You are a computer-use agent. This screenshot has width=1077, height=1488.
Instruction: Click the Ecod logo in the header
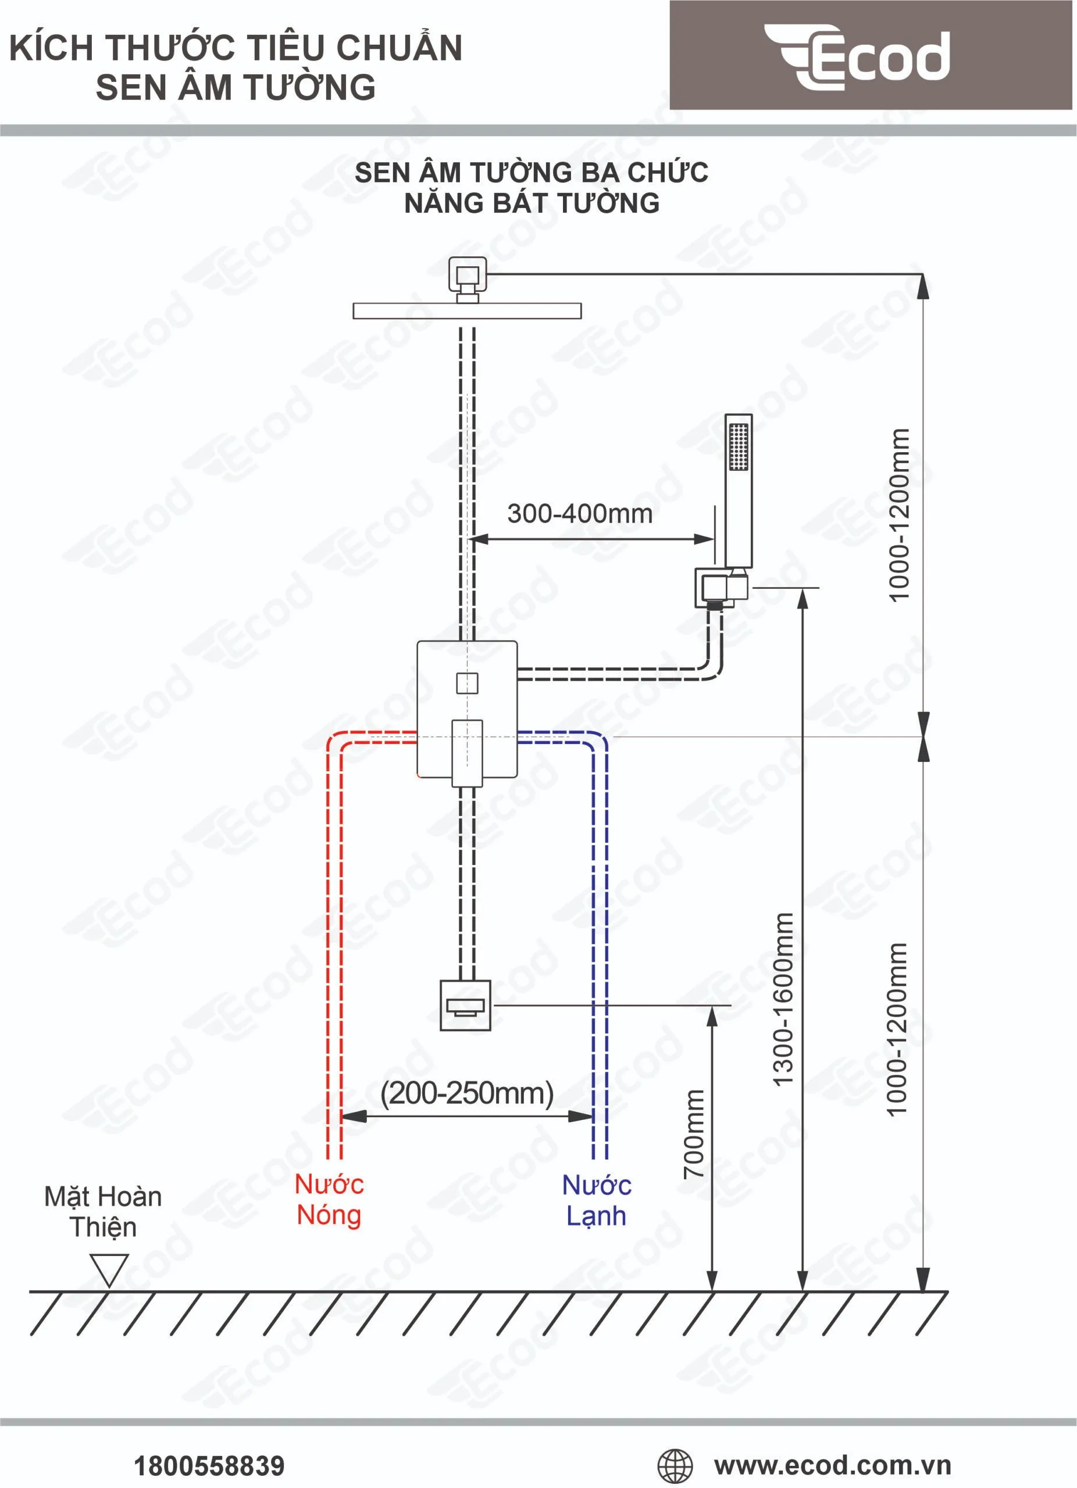pyautogui.click(x=857, y=56)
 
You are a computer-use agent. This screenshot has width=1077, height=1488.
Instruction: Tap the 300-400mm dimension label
pyautogui.click(x=580, y=514)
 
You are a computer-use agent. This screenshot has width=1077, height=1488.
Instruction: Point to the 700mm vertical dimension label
pyautogui.click(x=694, y=1133)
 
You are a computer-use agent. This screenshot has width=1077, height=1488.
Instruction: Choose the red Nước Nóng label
pyautogui.click(x=329, y=1199)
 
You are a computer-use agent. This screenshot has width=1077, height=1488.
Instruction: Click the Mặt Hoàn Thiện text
pyautogui.click(x=103, y=1211)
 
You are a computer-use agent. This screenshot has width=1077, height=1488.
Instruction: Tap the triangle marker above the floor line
pyautogui.click(x=109, y=1269)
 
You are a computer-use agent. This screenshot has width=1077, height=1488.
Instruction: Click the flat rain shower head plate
pyautogui.click(x=466, y=310)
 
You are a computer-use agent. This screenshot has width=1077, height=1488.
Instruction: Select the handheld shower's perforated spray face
pyautogui.click(x=739, y=446)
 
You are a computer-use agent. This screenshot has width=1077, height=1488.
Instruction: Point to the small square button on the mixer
pyautogui.click(x=466, y=683)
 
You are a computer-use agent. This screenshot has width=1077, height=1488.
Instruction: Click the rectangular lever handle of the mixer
pyautogui.click(x=466, y=753)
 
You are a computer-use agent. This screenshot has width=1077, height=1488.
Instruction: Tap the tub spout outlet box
pyautogui.click(x=465, y=1005)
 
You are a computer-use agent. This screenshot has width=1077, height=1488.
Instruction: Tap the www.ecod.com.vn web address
pyautogui.click(x=832, y=1464)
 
